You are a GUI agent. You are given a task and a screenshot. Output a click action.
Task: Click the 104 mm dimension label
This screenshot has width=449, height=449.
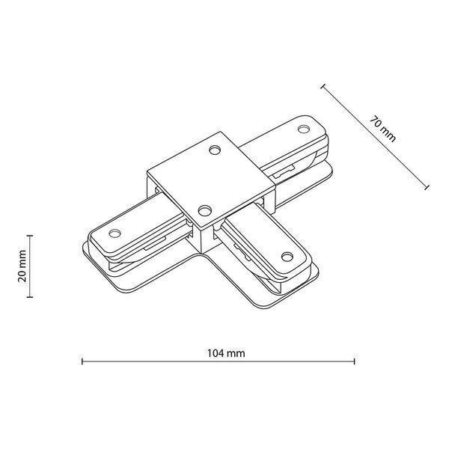[226, 353]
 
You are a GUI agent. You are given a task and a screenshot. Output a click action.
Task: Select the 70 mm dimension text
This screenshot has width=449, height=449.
[383, 129]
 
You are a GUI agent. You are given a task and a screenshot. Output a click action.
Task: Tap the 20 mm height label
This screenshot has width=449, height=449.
[22, 266]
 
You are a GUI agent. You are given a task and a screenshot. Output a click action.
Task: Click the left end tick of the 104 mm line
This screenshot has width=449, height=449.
[82, 361]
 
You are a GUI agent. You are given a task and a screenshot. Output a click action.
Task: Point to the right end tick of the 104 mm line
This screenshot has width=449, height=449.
[355, 361]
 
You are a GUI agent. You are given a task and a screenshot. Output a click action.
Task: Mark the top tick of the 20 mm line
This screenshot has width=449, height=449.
[29, 236]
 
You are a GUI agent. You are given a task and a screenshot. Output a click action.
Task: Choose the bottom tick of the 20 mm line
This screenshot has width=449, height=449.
[29, 297]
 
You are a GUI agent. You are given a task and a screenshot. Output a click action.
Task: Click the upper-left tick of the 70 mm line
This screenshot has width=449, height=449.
[323, 86]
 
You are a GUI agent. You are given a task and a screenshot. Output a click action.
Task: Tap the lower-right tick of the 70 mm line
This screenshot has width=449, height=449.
[427, 187]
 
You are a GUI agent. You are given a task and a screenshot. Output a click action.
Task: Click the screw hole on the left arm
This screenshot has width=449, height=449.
[114, 233]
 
